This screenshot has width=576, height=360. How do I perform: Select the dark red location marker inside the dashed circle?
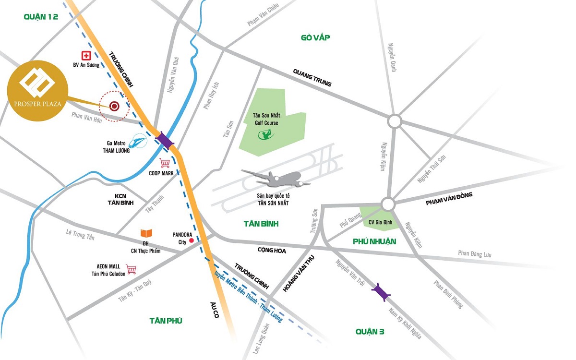point(114,106)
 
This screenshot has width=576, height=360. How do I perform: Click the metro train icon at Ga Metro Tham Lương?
point(139,140)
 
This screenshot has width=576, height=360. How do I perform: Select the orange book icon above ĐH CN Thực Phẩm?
point(146,233)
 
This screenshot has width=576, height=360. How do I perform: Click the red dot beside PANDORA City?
point(192,240)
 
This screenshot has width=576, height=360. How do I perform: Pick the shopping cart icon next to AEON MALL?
point(131,269)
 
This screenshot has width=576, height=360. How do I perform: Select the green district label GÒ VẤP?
point(315,38)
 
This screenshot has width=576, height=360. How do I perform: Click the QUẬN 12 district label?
point(41,17)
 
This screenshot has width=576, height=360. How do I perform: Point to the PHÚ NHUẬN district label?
point(374,241)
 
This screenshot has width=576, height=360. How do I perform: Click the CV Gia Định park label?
point(381,222)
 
